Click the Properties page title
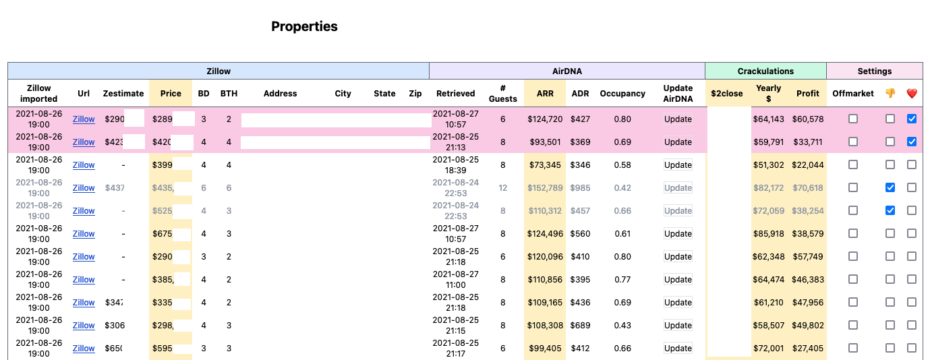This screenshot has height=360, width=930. tap(304, 26)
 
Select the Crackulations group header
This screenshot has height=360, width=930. tap(765, 71)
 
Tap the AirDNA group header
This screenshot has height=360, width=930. tap(566, 71)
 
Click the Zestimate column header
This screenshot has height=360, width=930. tap(123, 93)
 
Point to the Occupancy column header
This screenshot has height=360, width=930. tap(622, 93)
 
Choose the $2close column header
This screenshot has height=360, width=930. tap(728, 93)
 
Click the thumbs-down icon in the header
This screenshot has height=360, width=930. tap(890, 93)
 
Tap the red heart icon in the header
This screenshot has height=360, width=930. tap(912, 93)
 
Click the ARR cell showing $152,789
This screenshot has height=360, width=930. tap(546, 188)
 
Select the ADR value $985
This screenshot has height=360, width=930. tap(580, 188)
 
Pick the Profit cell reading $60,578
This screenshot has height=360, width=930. tap(808, 119)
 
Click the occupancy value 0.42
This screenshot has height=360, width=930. tap(622, 188)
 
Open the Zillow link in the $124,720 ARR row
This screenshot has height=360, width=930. tap(84, 119)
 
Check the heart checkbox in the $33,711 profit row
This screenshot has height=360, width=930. tap(912, 142)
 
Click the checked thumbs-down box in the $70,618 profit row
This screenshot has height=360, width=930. tap(890, 188)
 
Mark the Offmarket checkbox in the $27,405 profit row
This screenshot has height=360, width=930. tap(853, 349)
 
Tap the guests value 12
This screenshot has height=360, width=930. tap(502, 188)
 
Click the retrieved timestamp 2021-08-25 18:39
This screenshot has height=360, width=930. tap(456, 165)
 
